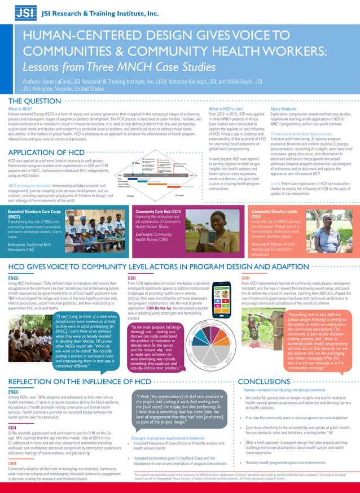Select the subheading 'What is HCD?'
click(x=20, y=108)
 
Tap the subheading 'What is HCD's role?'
click(x=225, y=108)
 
